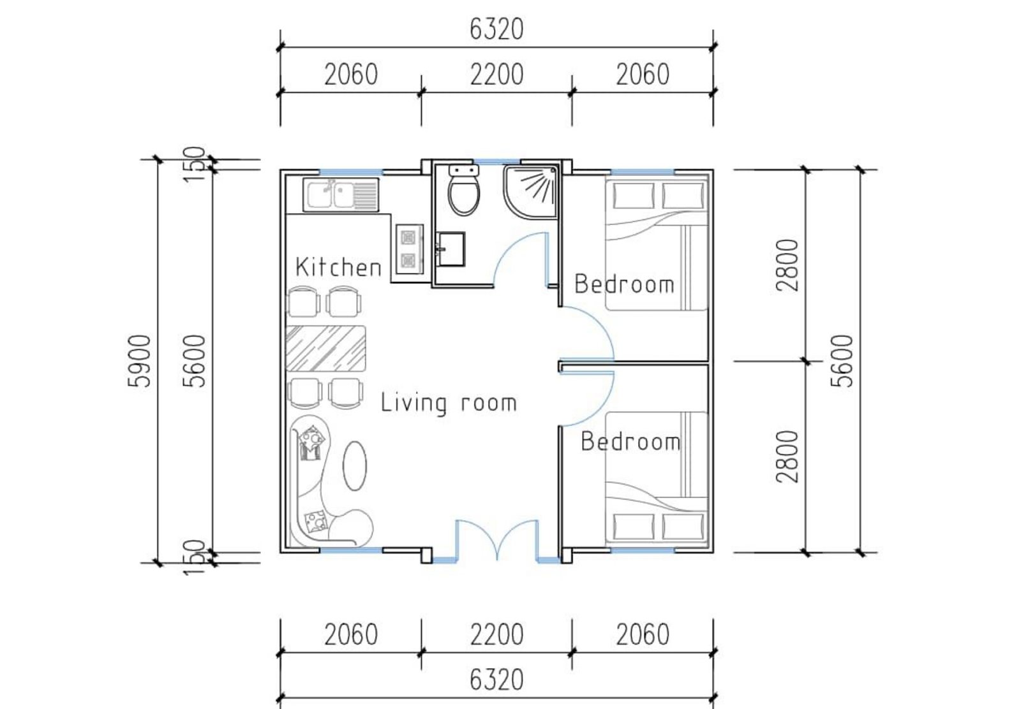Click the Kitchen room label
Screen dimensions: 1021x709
[x=338, y=267]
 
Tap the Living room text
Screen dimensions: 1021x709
[x=449, y=403]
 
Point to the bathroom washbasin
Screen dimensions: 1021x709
[x=451, y=249]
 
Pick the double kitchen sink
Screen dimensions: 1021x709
[x=341, y=195]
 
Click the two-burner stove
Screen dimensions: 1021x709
[x=409, y=249]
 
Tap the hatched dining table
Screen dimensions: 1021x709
[x=325, y=349]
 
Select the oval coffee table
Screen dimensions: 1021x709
[x=354, y=465]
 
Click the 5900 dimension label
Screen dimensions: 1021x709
[x=139, y=361]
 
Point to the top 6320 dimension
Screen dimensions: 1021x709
[x=496, y=29]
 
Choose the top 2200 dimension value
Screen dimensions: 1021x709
[x=496, y=75]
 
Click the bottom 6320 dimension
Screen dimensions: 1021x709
[x=496, y=681]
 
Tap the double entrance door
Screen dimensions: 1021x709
[x=497, y=540]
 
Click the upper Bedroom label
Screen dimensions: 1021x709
[x=625, y=284]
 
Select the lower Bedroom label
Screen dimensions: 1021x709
[x=631, y=442]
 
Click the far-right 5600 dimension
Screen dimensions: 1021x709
[x=842, y=361]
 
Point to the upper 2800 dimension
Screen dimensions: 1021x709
[x=787, y=265]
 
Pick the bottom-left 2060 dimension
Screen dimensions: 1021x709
[x=351, y=635]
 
